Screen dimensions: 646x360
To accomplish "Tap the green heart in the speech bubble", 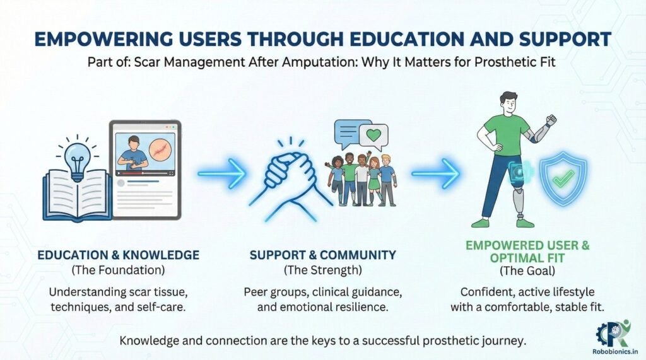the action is (373, 135).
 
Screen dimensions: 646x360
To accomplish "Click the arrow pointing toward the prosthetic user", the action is (435, 173).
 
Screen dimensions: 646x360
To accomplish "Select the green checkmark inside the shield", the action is (564, 178).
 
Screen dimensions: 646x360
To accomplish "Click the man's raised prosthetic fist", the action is (550, 120).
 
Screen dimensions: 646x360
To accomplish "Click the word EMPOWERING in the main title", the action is (103, 39).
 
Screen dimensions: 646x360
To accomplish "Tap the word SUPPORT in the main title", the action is (565, 39).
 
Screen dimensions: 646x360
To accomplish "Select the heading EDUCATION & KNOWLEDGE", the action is (118, 255).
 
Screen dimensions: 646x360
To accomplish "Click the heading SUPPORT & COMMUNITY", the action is (322, 255).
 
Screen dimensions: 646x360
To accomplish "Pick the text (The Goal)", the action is (527, 270).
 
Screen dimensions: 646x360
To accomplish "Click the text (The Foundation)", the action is (118, 270).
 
